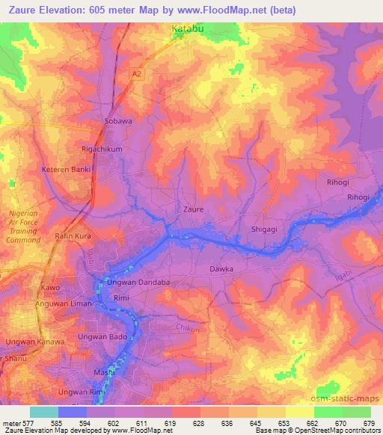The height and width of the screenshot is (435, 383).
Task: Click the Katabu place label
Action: point(187,30)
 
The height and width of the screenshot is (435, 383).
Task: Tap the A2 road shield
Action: point(135,74)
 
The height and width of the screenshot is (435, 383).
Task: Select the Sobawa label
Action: point(117,120)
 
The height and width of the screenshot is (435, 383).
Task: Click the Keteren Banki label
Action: point(66,169)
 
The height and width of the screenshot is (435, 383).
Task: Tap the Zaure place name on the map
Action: point(193,210)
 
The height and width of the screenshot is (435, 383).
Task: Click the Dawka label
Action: point(221,268)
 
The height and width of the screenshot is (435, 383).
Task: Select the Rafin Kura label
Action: point(72,237)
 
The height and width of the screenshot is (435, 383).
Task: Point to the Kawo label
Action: point(50,288)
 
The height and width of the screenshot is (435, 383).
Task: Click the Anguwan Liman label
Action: point(64,304)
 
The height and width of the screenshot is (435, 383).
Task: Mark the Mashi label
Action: point(102,371)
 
